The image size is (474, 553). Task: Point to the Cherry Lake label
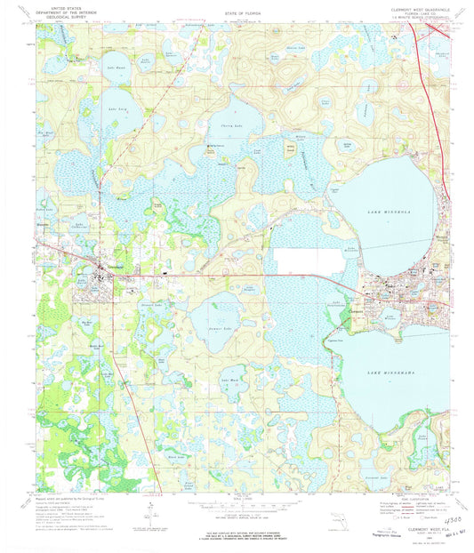219,127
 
